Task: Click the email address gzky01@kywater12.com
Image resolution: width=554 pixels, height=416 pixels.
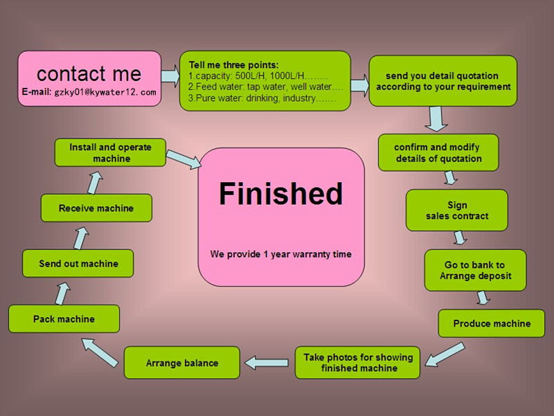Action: pyautogui.click(x=105, y=92)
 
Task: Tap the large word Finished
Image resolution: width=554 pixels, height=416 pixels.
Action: pyautogui.click(x=281, y=194)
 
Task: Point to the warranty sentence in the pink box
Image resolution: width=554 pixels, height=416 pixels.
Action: pyautogui.click(x=281, y=254)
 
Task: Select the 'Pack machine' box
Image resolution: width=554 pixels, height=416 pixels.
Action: pyautogui.click(x=64, y=319)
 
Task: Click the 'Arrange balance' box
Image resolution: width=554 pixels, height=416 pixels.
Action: pyautogui.click(x=182, y=363)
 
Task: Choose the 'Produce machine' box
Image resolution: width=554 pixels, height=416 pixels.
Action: pyautogui.click(x=492, y=323)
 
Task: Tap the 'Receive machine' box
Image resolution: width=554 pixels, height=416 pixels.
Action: pyautogui.click(x=96, y=208)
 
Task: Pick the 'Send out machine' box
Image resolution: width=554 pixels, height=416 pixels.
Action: pyautogui.click(x=78, y=264)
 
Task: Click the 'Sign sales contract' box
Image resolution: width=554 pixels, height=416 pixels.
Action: pyautogui.click(x=457, y=210)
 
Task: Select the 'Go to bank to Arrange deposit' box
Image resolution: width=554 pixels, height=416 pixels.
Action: pyautogui.click(x=475, y=271)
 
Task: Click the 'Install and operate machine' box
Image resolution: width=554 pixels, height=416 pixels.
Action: pyautogui.click(x=110, y=152)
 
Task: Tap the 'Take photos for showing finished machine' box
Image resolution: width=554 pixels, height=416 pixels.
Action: pyautogui.click(x=357, y=363)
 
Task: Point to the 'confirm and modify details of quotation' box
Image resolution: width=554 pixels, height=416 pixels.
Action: pyautogui.click(x=438, y=152)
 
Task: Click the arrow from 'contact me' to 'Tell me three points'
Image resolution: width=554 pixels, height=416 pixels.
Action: pyautogui.click(x=170, y=76)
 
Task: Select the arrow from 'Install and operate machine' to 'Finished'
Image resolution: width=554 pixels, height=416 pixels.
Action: pyautogui.click(x=184, y=159)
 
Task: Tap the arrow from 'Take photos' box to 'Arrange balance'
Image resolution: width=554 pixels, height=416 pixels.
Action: pyautogui.click(x=267, y=363)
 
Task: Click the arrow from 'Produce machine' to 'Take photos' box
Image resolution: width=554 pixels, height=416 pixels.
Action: pyautogui.click(x=445, y=354)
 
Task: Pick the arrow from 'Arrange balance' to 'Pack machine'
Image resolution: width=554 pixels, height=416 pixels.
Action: pyautogui.click(x=100, y=352)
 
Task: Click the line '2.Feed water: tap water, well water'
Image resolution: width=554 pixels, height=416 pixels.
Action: pyautogui.click(x=266, y=87)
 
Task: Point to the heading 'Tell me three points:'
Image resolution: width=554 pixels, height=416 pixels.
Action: pyautogui.click(x=233, y=65)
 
